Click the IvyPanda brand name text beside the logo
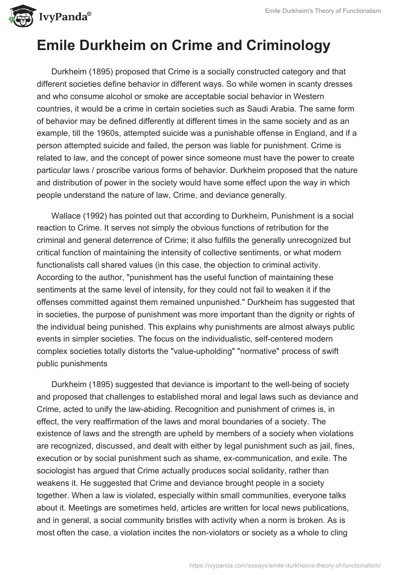pos(64,18)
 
